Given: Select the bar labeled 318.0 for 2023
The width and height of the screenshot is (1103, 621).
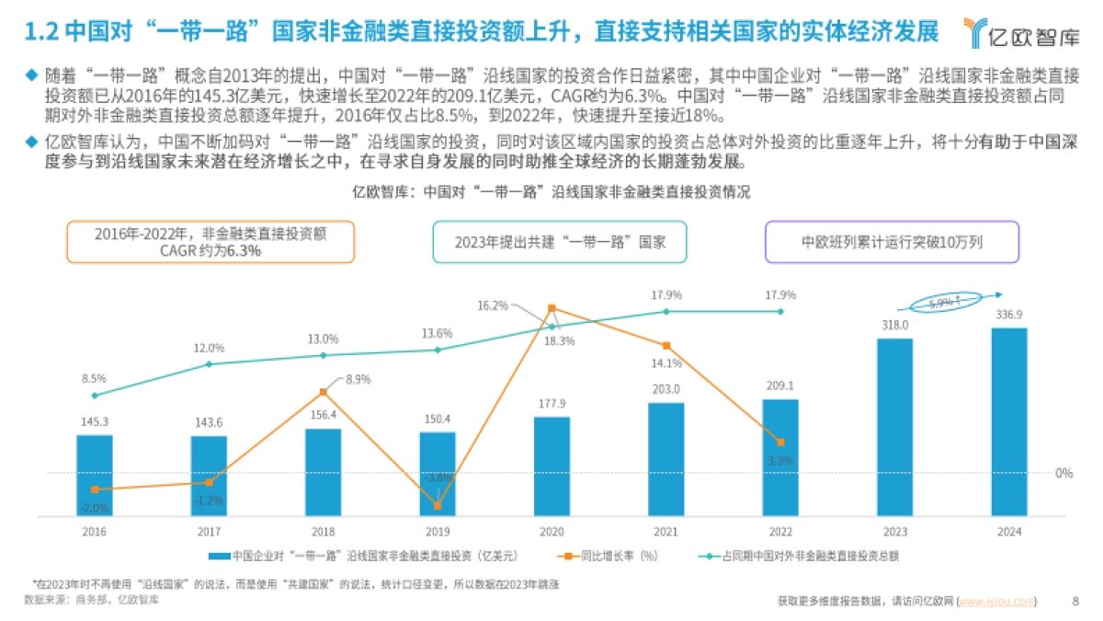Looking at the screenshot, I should [894, 428].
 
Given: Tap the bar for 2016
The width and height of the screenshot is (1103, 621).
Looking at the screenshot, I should [94, 474].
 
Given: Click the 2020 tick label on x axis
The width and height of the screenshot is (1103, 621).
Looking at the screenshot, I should [551, 532].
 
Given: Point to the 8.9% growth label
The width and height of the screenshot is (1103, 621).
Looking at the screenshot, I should [358, 379].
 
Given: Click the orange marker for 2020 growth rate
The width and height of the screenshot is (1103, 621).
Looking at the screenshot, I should [551, 309].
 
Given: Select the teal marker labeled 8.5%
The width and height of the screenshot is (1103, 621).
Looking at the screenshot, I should [95, 396].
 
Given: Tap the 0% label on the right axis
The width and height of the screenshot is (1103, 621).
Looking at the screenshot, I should [1063, 473].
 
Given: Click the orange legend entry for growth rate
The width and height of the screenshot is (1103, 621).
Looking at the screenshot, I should [611, 556].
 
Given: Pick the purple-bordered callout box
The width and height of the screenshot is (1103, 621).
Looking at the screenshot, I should [892, 242].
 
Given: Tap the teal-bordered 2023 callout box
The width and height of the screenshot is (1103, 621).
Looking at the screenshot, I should [559, 242].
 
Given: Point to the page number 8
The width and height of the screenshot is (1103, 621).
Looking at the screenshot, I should [1075, 602].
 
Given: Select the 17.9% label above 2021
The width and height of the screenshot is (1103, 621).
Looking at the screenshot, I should [665, 295].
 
